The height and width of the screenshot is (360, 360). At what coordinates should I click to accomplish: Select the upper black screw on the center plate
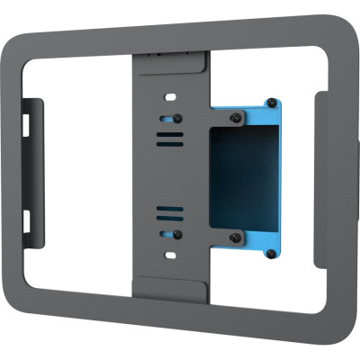pyautogui.click(x=177, y=118)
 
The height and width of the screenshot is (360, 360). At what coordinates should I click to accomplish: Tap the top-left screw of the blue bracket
pyautogui.click(x=235, y=117)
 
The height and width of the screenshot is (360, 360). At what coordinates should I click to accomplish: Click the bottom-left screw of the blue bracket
pyautogui.click(x=235, y=238)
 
